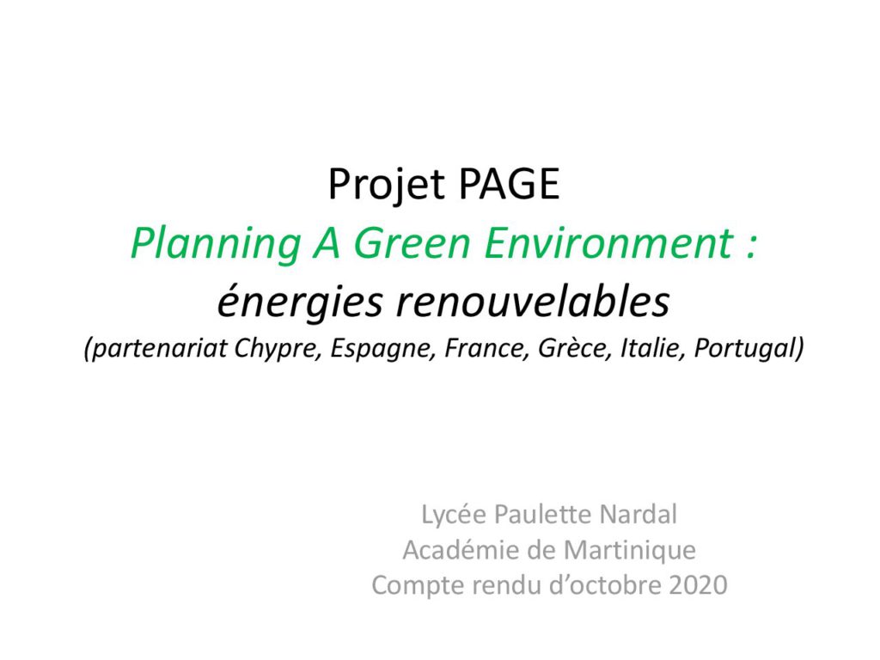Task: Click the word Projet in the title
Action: pos(386,185)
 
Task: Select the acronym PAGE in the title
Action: pos(509,184)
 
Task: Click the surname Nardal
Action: pos(639,514)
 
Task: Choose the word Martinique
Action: pos(630,551)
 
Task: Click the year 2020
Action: pos(698,585)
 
